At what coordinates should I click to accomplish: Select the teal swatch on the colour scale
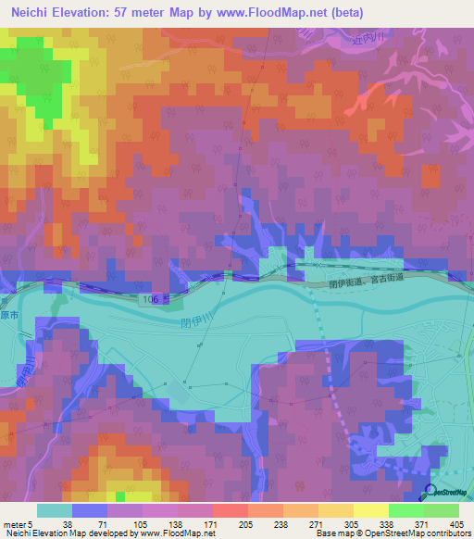(54, 509)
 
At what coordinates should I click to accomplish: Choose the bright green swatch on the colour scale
(405, 509)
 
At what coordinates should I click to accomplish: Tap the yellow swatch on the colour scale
(370, 509)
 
